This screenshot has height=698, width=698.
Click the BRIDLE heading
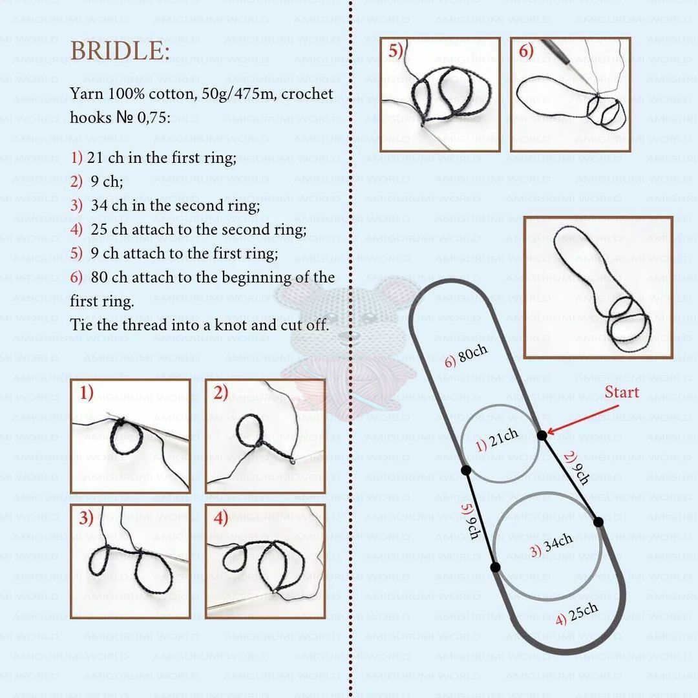[120, 51]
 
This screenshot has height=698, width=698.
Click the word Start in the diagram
[622, 392]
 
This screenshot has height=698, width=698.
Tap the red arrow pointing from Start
[582, 419]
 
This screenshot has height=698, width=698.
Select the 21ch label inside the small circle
[497, 440]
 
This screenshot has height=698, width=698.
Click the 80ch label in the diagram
[466, 356]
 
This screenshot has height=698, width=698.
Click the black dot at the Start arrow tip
[542, 436]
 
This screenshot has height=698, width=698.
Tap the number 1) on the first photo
[87, 393]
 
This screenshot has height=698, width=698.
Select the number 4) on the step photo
[221, 518]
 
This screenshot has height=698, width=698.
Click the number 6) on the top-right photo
[526, 51]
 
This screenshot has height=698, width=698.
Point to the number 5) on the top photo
[396, 51]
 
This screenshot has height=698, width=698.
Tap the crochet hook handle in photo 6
[556, 50]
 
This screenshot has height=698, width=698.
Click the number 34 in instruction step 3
[100, 206]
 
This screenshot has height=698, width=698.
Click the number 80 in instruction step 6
[100, 277]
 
